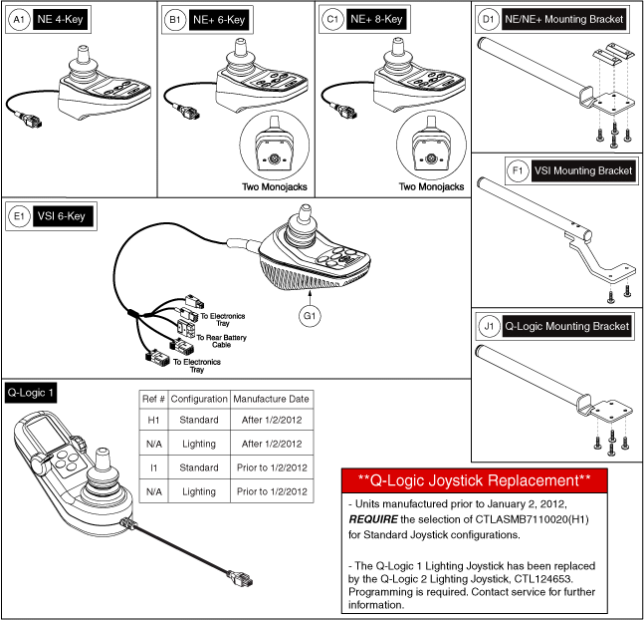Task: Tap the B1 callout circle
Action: pyautogui.click(x=174, y=19)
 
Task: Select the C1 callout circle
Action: pyautogui.click(x=330, y=19)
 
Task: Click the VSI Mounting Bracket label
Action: pyautogui.click(x=584, y=170)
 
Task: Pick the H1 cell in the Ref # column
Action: pyautogui.click(x=151, y=420)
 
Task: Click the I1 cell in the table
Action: pyautogui.click(x=151, y=467)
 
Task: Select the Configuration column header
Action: pyautogui.click(x=198, y=397)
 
